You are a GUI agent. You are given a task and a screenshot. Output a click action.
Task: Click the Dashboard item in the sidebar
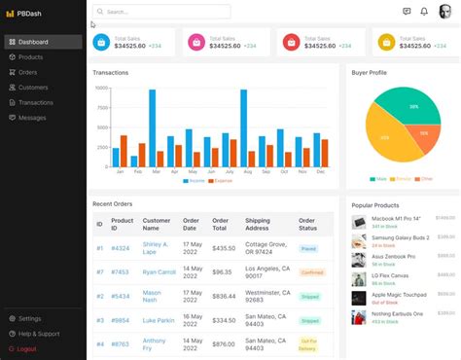[33, 42]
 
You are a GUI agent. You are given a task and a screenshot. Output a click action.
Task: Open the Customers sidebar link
[33, 88]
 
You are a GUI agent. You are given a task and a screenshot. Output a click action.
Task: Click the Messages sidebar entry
[32, 118]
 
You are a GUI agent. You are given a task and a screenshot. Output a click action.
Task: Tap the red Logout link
[26, 348]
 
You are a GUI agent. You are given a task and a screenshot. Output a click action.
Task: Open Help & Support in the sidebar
[39, 334]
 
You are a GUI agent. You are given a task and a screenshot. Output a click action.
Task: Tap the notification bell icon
[424, 12]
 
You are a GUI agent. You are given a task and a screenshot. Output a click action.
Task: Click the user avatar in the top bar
[445, 12]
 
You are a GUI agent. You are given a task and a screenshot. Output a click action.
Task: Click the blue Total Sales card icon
[102, 42]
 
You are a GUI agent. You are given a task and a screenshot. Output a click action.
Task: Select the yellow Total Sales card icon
[386, 42]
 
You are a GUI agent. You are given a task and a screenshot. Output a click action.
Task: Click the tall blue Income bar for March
[153, 128]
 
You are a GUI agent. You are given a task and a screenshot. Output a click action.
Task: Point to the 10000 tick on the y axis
[101, 88]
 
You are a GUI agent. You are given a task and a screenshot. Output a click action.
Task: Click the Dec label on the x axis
[321, 172]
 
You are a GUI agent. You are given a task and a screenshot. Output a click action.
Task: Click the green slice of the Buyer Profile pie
[408, 107]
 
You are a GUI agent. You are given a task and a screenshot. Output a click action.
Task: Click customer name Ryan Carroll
[159, 272]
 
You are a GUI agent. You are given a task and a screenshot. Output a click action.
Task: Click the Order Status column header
[307, 224]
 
